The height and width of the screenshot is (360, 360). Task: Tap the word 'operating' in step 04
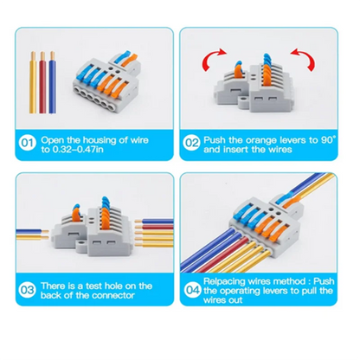(244, 292)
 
